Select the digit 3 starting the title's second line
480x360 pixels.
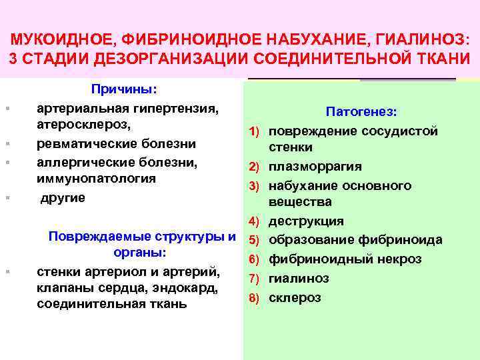coord(13,57)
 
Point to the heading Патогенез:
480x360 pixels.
coord(361,113)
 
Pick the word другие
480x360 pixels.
coord(63,197)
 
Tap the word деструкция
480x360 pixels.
coord(306,221)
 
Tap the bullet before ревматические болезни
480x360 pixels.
coord(7,144)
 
